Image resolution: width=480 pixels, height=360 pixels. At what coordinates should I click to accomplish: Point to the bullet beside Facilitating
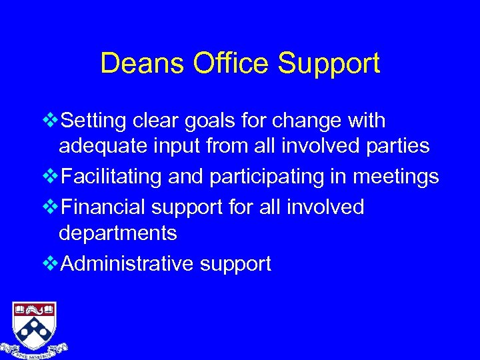pyautogui.click(x=49, y=177)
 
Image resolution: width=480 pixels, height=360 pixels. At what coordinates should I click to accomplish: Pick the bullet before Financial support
pyautogui.click(x=49, y=207)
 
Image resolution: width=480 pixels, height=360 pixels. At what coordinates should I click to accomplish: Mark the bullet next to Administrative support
pyautogui.click(x=49, y=264)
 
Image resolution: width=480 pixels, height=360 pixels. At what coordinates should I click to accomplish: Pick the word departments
pyautogui.click(x=118, y=233)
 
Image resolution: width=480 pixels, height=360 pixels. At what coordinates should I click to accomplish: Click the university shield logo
pyautogui.click(x=34, y=322)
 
